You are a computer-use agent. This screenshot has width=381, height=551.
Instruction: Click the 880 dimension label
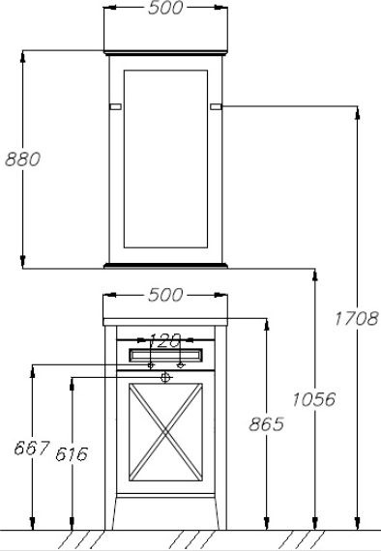23,159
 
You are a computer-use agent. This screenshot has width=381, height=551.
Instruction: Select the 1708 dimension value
356,319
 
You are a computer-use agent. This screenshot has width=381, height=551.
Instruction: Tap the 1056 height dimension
314,399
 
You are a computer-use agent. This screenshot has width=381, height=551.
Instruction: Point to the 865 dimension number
267,424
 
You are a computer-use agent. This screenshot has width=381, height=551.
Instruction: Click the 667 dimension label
32,449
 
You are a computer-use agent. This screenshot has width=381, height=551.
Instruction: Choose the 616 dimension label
72,454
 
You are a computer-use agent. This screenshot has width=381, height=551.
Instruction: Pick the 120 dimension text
165,340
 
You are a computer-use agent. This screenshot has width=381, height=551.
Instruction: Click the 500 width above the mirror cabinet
165,8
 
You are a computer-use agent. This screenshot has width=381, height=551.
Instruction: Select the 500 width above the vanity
165,295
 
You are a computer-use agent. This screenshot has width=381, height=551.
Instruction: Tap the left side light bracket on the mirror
116,106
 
